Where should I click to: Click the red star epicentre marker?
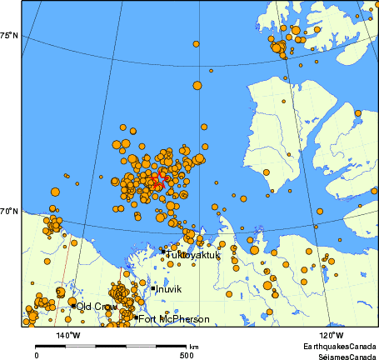159,177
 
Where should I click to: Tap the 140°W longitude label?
68,335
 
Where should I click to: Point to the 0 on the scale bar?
37,354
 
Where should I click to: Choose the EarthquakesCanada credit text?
339,345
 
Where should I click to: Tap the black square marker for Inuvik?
153,288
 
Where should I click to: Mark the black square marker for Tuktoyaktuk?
163,251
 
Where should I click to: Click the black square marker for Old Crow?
73,306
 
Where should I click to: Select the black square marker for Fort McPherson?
135,317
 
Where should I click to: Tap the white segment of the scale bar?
149,345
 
